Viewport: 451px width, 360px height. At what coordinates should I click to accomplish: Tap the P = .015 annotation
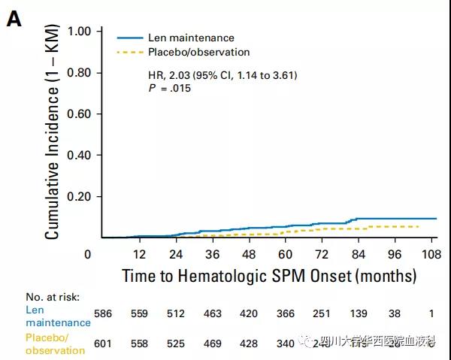tap(170, 89)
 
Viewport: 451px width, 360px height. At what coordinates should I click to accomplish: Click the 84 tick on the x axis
tap(356, 254)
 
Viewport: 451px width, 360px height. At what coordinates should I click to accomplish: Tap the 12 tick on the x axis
tap(139, 254)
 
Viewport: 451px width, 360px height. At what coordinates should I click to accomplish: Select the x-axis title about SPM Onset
tap(269, 275)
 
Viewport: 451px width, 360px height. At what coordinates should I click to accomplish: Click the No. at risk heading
tap(52, 297)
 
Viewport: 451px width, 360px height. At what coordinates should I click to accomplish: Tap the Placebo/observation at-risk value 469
tap(213, 343)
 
